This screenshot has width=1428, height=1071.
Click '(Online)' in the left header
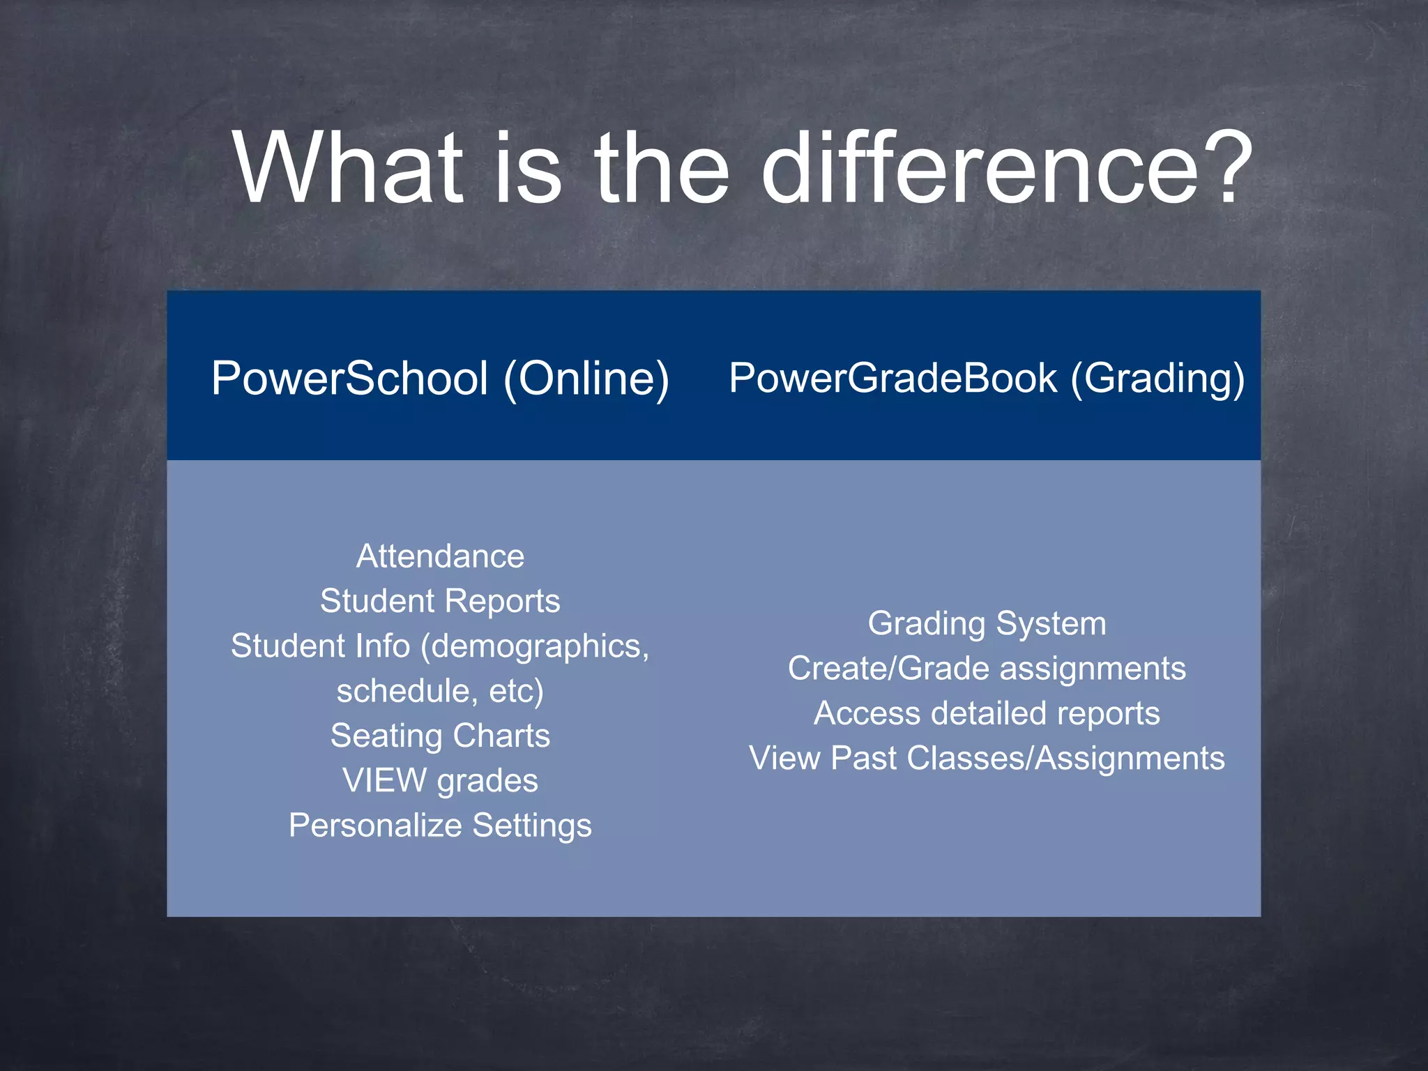click(586, 378)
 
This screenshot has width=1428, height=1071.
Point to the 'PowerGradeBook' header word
click(893, 378)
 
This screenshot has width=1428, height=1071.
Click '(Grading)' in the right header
click(1157, 378)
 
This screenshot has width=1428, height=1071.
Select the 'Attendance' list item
click(440, 556)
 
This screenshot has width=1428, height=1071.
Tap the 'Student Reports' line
click(440, 601)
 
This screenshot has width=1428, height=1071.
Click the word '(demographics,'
click(535, 646)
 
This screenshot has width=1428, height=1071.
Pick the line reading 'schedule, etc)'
click(440, 691)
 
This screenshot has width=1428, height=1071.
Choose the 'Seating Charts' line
click(440, 736)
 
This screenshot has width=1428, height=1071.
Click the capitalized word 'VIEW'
click(384, 780)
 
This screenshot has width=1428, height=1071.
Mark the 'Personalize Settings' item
click(440, 826)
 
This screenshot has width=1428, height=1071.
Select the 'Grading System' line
click(987, 623)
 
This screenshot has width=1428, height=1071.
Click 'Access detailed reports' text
click(987, 713)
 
